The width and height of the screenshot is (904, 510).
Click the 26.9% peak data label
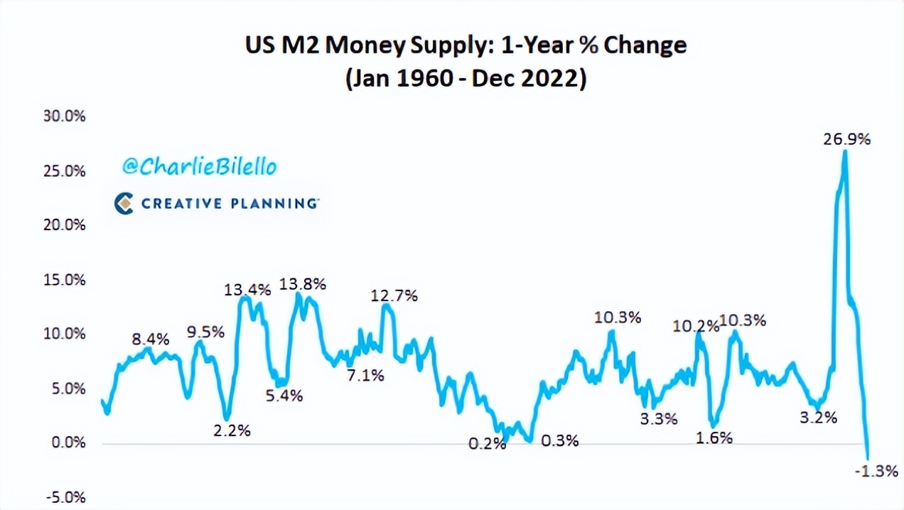846,139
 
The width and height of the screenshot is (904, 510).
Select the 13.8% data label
303,284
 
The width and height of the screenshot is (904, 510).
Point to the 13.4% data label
247,290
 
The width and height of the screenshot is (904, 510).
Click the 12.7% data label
394,295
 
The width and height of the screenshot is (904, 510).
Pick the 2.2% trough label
232,430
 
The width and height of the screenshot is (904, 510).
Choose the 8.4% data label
151,339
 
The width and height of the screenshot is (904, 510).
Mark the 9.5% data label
205,332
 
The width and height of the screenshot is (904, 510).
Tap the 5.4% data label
284,396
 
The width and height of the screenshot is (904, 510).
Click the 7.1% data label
365,375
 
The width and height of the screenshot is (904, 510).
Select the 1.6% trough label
714,438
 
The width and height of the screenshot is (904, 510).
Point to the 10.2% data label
694,327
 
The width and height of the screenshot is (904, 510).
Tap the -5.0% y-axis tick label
65,497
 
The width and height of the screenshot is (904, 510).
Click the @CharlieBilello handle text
199,166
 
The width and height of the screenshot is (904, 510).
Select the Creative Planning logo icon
124,204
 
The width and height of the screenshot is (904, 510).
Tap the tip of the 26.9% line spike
844,151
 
